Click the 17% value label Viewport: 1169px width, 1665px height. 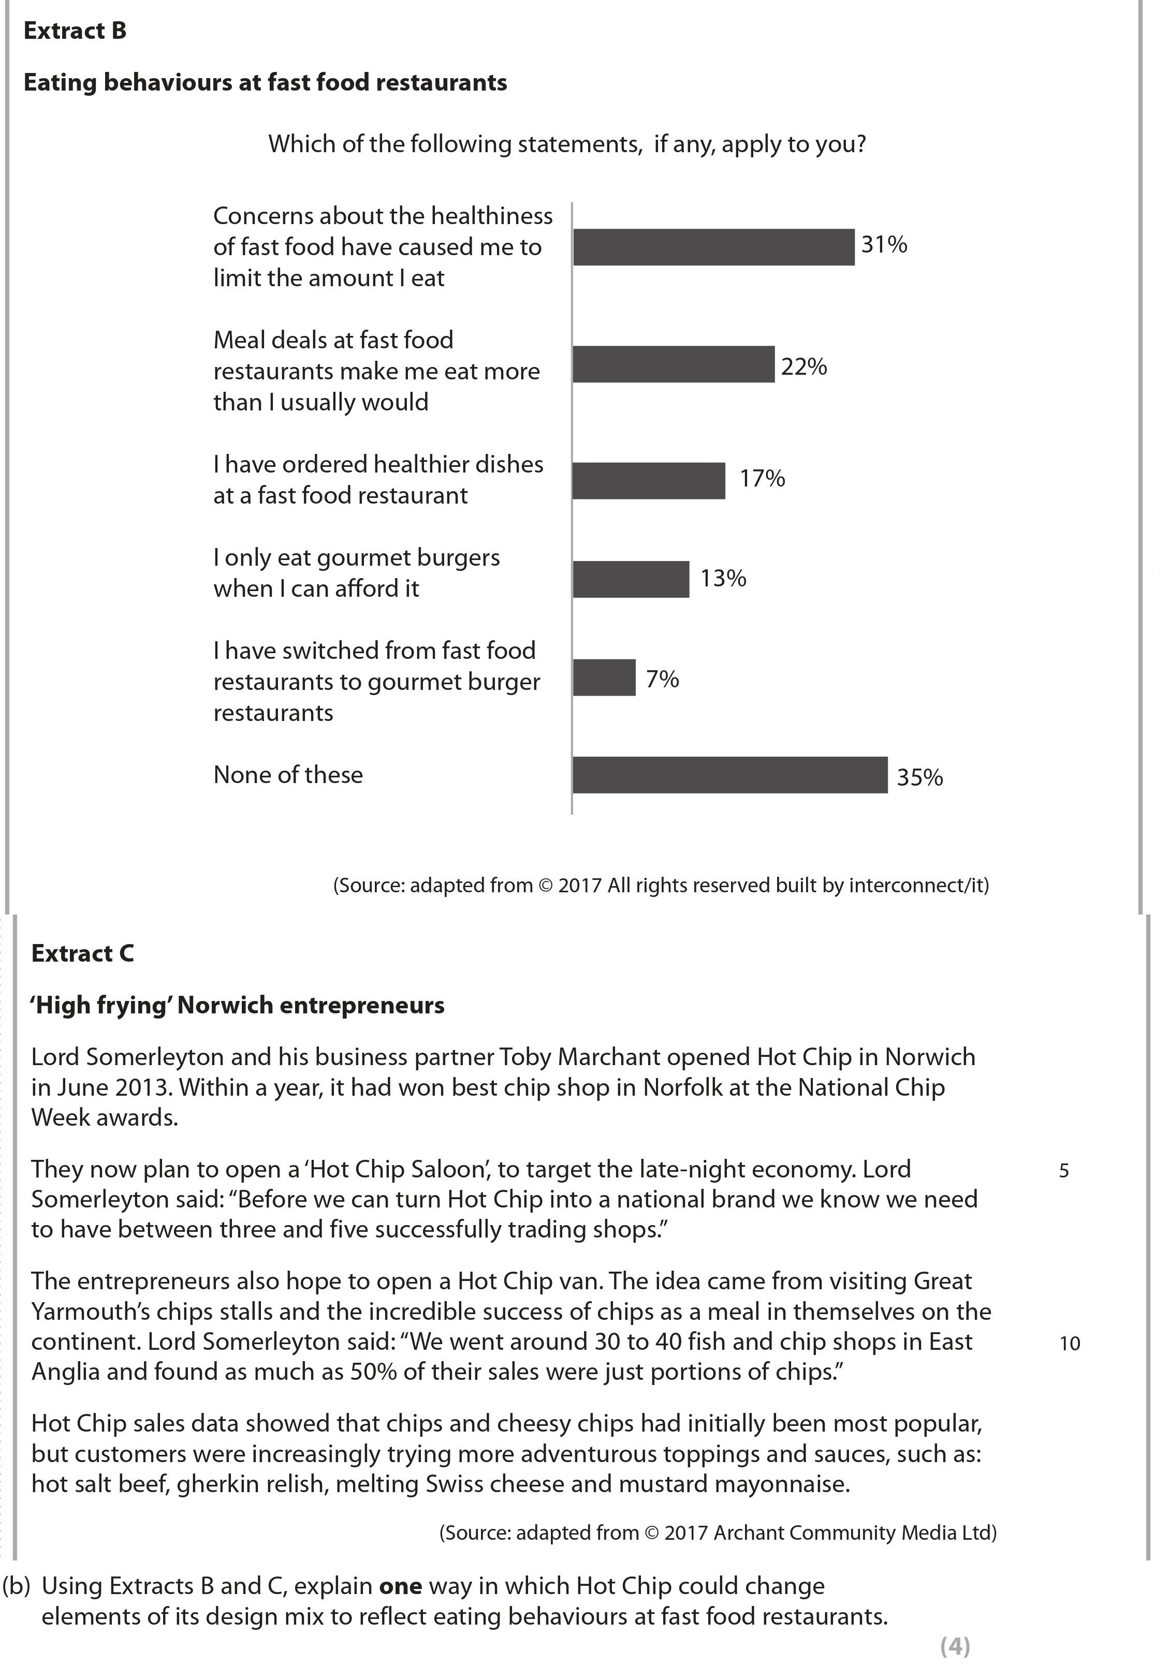tap(762, 479)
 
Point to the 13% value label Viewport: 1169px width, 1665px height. tap(723, 578)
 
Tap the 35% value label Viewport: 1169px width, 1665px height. tap(919, 777)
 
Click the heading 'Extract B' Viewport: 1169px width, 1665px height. tap(76, 31)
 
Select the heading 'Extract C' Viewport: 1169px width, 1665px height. tap(83, 953)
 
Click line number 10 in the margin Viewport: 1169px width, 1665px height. tap(1070, 1344)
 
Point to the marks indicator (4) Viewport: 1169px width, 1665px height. tap(954, 1647)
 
